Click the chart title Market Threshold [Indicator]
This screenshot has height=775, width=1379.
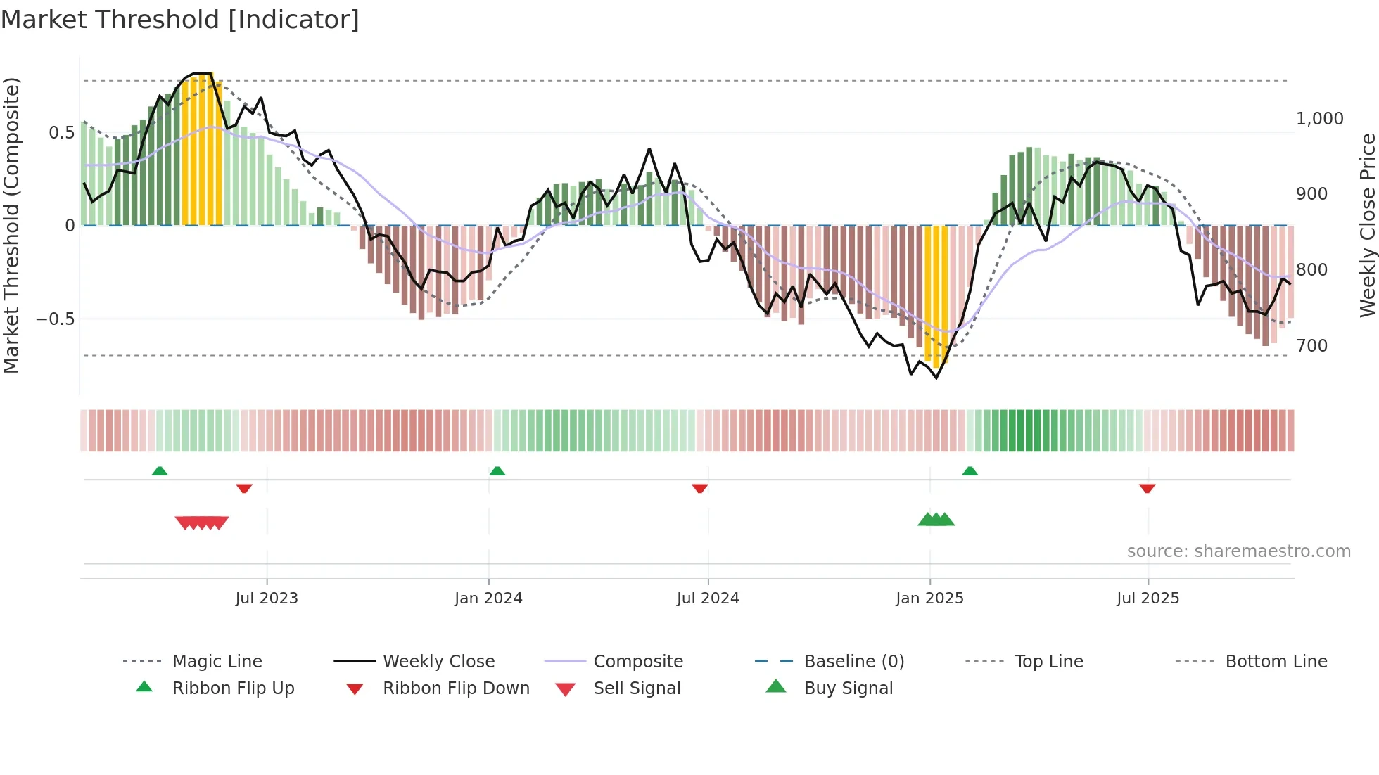[180, 20]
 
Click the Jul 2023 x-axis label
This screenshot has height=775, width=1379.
[267, 598]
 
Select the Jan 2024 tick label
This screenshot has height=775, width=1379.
[488, 598]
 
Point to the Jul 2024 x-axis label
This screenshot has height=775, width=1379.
[708, 598]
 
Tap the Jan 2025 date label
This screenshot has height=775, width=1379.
[929, 598]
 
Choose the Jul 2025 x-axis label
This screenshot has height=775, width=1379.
[1148, 598]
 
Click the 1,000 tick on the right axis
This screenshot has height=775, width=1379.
[1319, 119]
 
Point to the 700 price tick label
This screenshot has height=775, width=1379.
[1311, 346]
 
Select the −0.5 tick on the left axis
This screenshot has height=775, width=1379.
[55, 319]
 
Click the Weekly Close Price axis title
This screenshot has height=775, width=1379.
[1367, 225]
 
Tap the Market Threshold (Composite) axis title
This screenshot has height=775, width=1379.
[11, 225]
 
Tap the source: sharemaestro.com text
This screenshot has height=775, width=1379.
[1238, 551]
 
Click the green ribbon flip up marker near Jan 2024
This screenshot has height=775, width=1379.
[497, 471]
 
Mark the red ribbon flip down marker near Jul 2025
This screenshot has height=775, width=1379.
[1147, 488]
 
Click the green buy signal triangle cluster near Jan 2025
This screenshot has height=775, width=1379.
[936, 520]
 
